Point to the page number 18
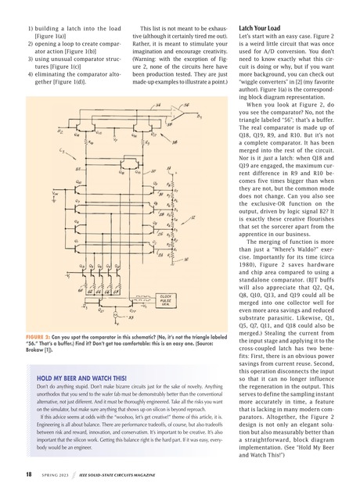(27, 474)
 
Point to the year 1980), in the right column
(252, 243)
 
